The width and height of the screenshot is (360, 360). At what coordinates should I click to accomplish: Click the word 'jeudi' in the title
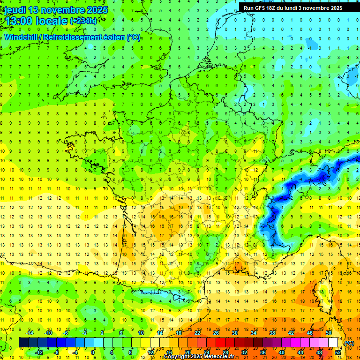click(x=15, y=10)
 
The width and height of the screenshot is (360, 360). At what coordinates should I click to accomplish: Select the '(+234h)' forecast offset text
click(x=83, y=21)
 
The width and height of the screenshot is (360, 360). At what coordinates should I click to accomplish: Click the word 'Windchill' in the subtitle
click(x=21, y=37)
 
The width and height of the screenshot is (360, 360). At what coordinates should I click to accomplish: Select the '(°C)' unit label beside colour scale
click(x=349, y=343)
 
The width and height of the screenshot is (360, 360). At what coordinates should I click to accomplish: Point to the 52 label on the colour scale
click(x=338, y=352)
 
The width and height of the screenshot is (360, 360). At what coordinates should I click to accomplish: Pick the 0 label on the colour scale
click(x=93, y=352)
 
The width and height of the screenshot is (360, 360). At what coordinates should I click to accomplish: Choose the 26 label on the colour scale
click(x=216, y=333)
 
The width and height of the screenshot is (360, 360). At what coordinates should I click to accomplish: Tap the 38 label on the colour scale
click(x=272, y=333)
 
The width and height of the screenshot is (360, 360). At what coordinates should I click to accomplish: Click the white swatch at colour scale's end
click(x=333, y=343)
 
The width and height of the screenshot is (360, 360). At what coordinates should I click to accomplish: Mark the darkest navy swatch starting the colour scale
click(x=23, y=343)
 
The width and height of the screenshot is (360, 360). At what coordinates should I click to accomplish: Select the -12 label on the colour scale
click(x=39, y=352)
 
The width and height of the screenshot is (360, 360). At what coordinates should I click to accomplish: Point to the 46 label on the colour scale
click(x=310, y=333)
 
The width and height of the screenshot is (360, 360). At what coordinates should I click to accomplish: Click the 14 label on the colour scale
click(x=160, y=333)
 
